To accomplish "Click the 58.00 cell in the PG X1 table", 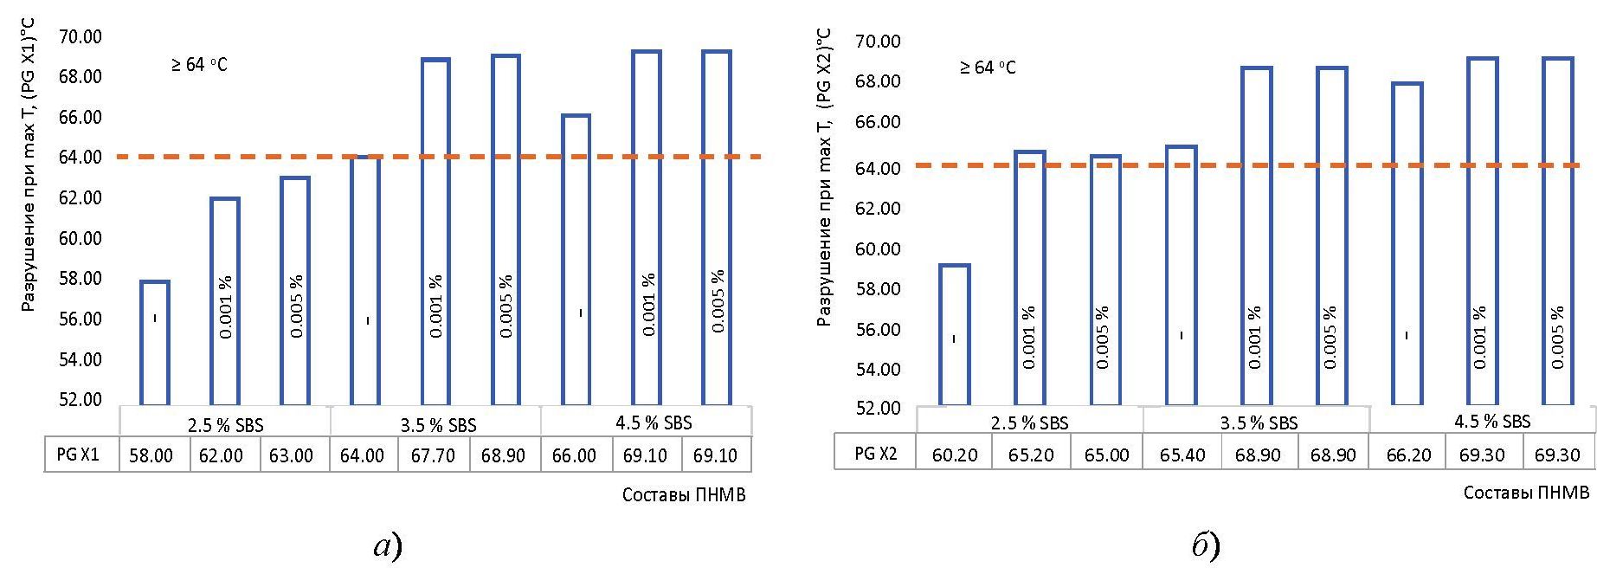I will [x=151, y=455].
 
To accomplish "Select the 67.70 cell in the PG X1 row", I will [x=433, y=455].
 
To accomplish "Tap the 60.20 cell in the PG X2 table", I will [x=955, y=455].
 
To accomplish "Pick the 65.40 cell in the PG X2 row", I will [x=1182, y=455].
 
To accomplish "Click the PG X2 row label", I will [x=875, y=455].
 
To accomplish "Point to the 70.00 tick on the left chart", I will [x=80, y=36].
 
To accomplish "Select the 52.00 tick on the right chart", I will [x=878, y=408].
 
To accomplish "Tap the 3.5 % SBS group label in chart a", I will [x=438, y=425].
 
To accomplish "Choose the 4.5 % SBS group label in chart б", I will [x=1492, y=422].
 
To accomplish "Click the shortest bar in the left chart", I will [x=155, y=343].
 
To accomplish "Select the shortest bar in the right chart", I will [x=955, y=334].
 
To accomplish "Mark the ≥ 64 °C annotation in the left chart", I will [x=199, y=65].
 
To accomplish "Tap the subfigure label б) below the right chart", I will [x=1205, y=545].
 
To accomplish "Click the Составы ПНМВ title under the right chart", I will [x=1526, y=493].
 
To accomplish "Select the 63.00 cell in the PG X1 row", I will [x=292, y=455].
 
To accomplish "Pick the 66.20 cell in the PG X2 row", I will [x=1408, y=455].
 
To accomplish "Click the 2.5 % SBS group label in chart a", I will [x=225, y=425].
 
